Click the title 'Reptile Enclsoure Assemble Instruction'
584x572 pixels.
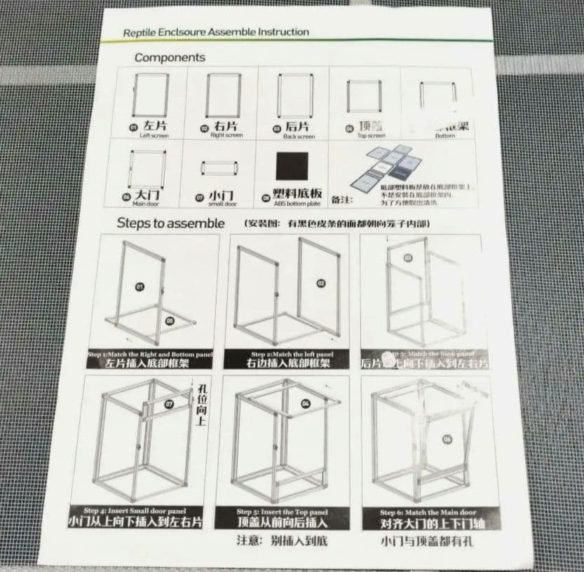click(x=216, y=32)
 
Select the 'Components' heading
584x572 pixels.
click(x=170, y=57)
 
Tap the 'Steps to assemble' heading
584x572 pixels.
click(x=170, y=223)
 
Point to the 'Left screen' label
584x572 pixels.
click(x=154, y=135)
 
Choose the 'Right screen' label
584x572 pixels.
click(x=226, y=135)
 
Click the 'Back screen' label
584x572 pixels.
click(x=299, y=137)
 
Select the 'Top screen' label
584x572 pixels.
click(x=371, y=136)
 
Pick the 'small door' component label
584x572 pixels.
click(x=222, y=204)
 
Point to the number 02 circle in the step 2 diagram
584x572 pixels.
click(x=321, y=284)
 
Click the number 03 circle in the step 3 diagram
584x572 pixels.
click(x=408, y=258)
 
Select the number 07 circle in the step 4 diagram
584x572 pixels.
click(x=168, y=404)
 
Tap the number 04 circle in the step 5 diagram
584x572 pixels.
click(x=305, y=403)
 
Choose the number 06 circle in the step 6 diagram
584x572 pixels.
click(x=447, y=439)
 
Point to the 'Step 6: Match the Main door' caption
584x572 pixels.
click(x=428, y=512)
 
